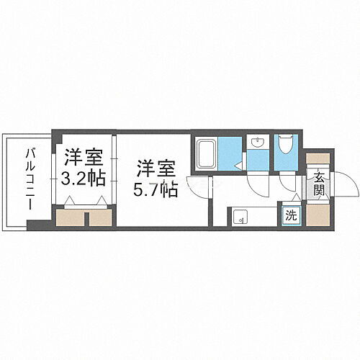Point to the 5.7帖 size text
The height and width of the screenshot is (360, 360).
tap(155, 190)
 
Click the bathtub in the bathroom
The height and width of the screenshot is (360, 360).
tap(206, 153)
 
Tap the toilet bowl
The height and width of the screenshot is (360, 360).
tap(285, 145)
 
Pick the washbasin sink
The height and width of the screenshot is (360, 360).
tap(257, 142)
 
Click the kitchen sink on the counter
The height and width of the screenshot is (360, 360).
tap(240, 215)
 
